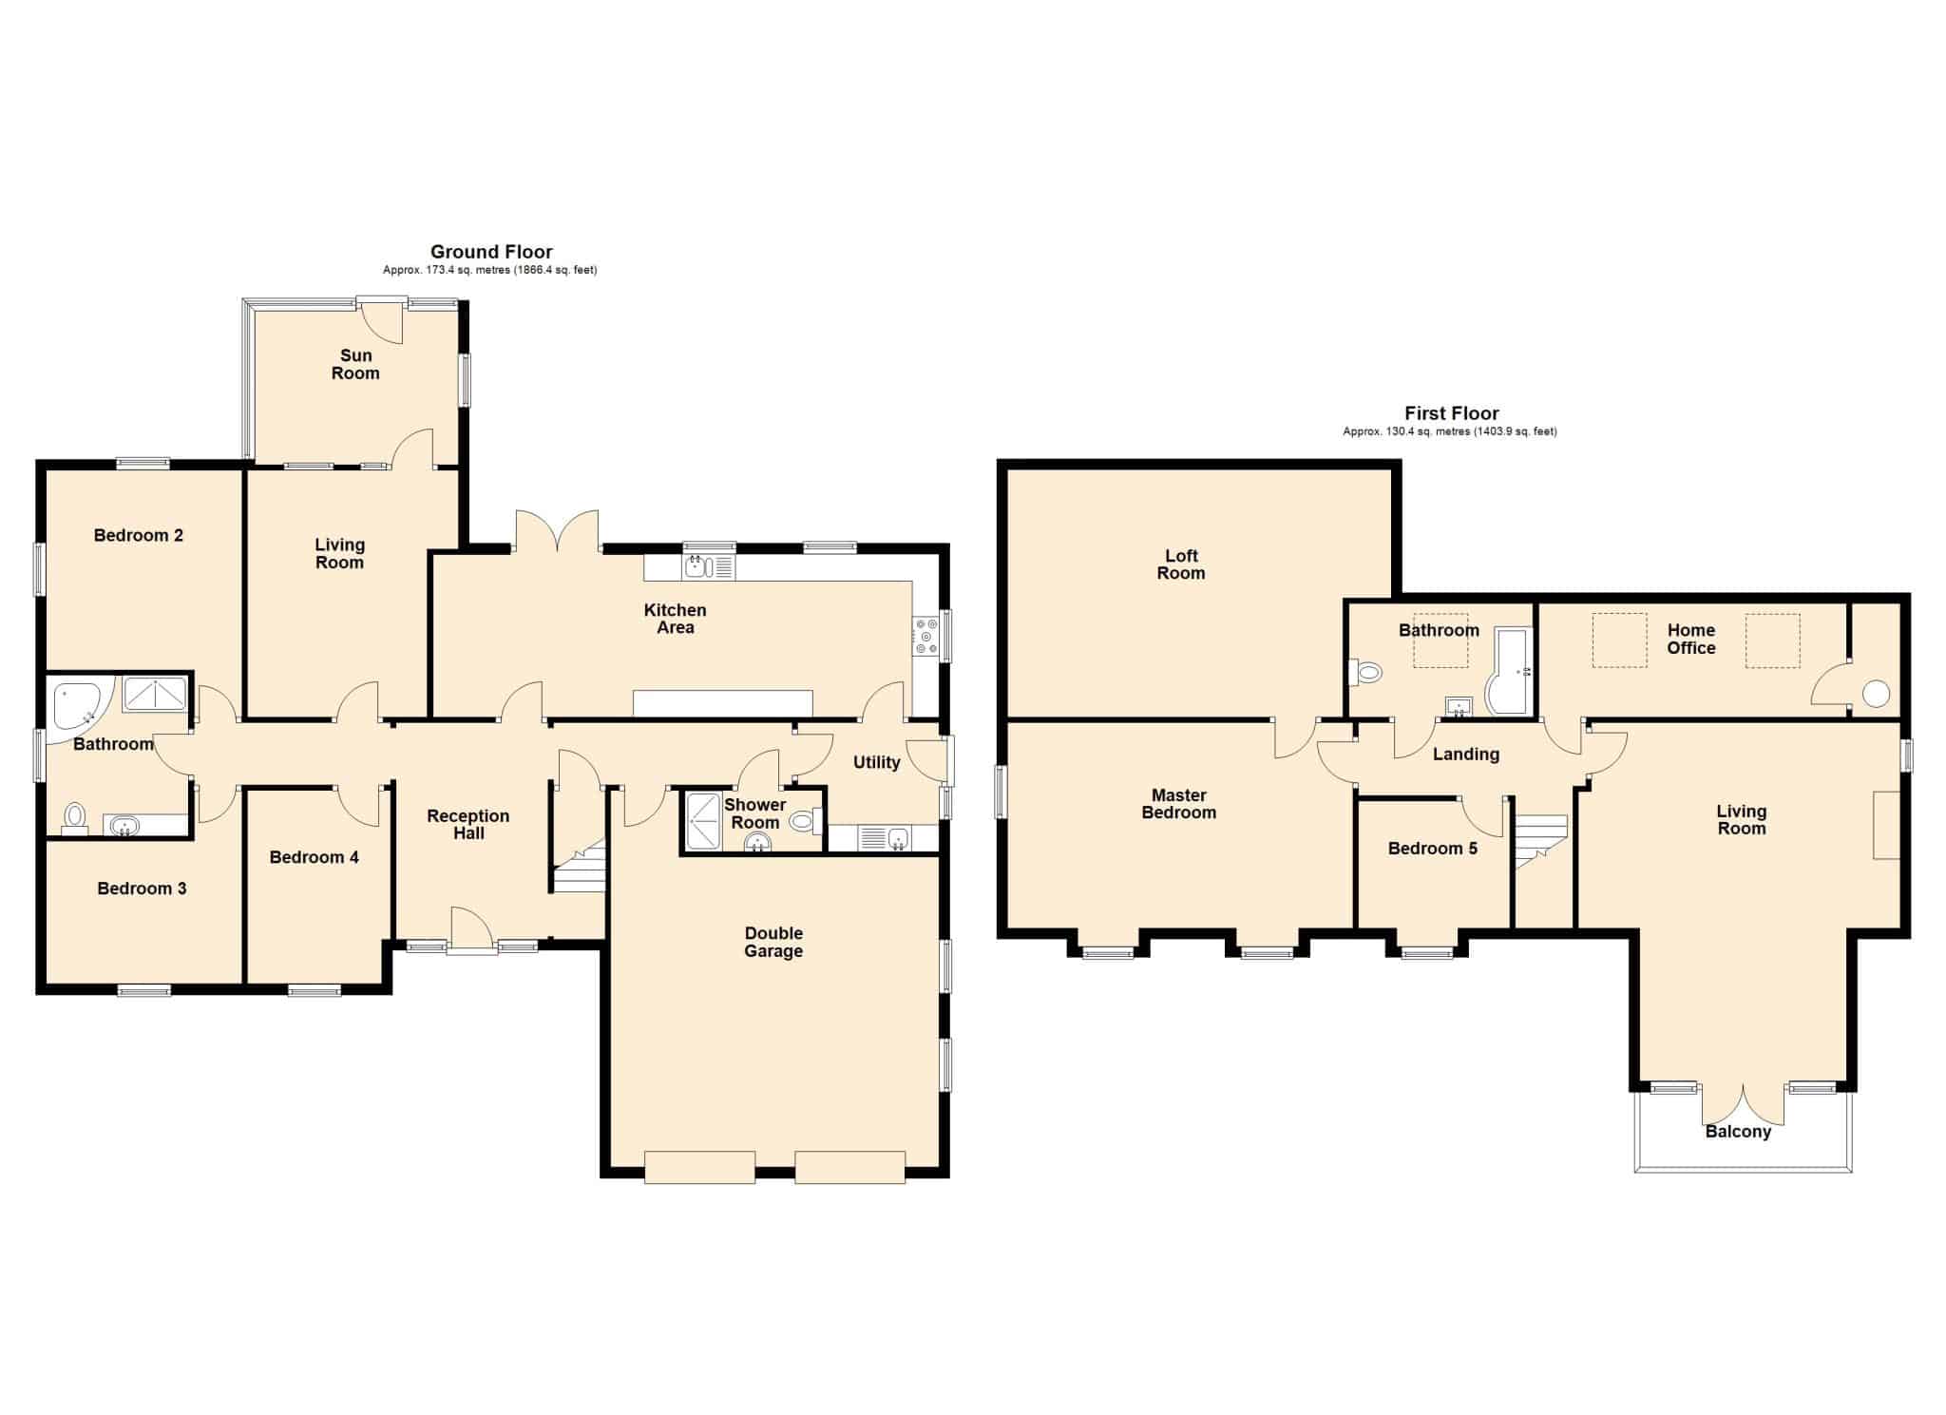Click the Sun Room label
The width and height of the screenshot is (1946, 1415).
(x=355, y=364)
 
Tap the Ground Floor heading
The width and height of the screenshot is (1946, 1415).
(x=491, y=252)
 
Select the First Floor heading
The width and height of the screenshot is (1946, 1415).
(x=1452, y=413)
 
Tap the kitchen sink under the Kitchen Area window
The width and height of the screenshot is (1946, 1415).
(x=708, y=567)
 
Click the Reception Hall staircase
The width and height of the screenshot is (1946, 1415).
(x=580, y=866)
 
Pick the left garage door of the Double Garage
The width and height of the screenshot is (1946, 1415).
(x=699, y=1167)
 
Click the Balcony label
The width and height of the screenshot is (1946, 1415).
(x=1738, y=1132)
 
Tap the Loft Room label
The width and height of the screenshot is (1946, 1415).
(x=1181, y=564)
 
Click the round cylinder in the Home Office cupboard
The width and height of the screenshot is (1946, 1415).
(x=1876, y=694)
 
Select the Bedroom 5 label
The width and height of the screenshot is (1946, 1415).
(x=1432, y=849)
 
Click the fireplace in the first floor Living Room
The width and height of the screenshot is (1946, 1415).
(x=1886, y=825)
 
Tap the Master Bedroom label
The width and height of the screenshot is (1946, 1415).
(x=1178, y=804)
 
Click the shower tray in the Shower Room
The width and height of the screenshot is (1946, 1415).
(x=702, y=820)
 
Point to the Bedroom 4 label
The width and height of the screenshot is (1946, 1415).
(x=314, y=857)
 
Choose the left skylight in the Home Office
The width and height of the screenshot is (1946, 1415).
(x=1619, y=641)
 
